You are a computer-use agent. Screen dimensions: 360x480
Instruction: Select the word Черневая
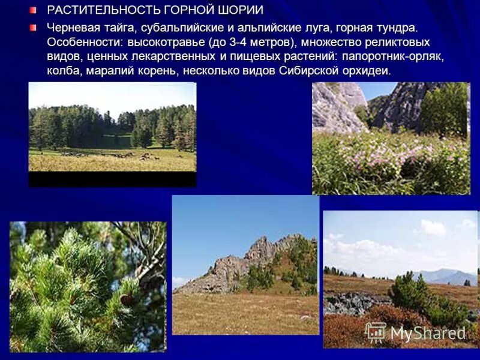(74, 28)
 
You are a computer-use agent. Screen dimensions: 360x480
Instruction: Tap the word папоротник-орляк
(394, 56)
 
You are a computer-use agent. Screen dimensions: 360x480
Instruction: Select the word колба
(62, 71)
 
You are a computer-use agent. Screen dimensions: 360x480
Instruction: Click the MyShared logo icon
(376, 332)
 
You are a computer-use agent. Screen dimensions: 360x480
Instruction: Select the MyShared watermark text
(428, 333)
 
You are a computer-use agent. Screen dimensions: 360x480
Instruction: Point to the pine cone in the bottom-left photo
(127, 298)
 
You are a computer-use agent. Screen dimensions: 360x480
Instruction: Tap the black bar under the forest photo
(112, 179)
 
